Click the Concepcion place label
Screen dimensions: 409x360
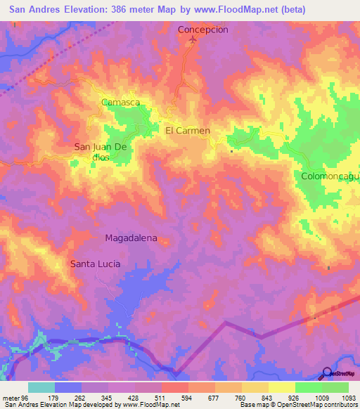203,30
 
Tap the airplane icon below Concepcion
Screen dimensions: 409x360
193,41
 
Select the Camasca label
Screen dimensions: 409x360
120,102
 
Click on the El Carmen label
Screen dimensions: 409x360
188,131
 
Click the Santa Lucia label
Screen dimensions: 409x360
95,264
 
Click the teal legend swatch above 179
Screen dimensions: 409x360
41,387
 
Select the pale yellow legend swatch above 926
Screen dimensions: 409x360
281,387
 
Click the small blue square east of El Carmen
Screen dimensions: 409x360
231,150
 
